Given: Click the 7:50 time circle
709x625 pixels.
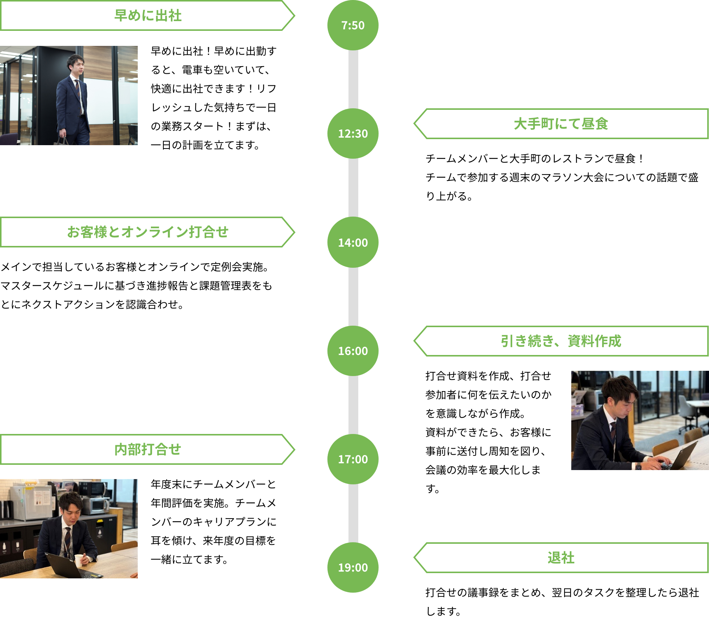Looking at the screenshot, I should click(x=353, y=25).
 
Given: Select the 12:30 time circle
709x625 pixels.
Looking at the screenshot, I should click(x=353, y=133).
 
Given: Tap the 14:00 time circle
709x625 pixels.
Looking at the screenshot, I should click(x=353, y=242).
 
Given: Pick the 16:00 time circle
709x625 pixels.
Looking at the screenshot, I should click(x=353, y=351).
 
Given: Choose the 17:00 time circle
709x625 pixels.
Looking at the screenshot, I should click(x=353, y=459).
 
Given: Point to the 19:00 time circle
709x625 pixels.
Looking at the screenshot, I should click(x=353, y=567).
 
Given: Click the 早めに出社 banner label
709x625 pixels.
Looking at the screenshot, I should click(x=148, y=16).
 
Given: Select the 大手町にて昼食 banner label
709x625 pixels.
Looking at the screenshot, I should click(x=561, y=124).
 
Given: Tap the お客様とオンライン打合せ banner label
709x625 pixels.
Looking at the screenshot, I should click(x=148, y=232).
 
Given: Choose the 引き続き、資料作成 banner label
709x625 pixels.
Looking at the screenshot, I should click(x=561, y=341).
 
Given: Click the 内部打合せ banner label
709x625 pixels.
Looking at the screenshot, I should click(x=148, y=449).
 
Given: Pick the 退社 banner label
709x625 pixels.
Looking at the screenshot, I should click(x=561, y=558).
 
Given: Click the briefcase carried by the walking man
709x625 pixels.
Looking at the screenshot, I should click(x=61, y=141).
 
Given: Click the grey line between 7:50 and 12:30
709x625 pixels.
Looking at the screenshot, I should click(x=353, y=79).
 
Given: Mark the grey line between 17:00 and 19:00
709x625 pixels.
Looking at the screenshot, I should click(x=353, y=513).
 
